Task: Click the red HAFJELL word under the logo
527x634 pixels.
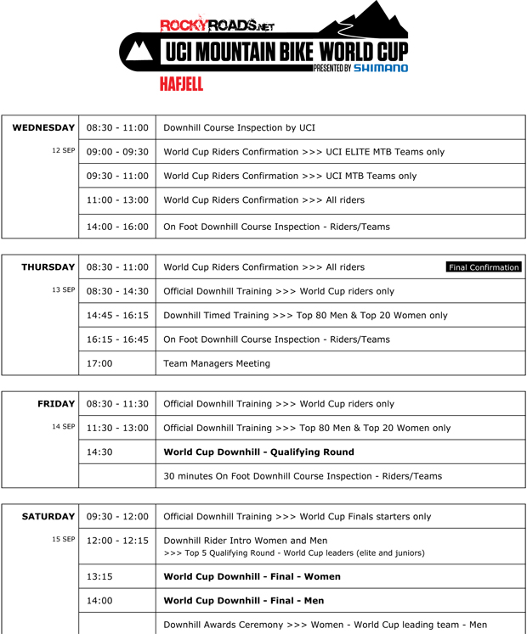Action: (181, 84)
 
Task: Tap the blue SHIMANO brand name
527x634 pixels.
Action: (381, 68)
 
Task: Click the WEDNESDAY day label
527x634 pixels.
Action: (43, 128)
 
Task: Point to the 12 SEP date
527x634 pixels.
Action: (63, 150)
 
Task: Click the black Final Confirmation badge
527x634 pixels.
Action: (484, 267)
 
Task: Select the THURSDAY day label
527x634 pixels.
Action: (48, 267)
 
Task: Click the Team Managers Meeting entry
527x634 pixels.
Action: (217, 363)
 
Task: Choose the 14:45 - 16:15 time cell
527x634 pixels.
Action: (117, 315)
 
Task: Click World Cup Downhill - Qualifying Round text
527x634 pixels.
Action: (258, 452)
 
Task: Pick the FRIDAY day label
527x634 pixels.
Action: (57, 404)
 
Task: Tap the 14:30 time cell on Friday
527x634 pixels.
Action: (99, 452)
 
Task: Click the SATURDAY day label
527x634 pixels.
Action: (48, 516)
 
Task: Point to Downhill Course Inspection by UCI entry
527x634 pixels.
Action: (239, 128)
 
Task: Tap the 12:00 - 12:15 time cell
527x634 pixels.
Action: (117, 540)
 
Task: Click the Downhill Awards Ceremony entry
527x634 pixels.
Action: (325, 625)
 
